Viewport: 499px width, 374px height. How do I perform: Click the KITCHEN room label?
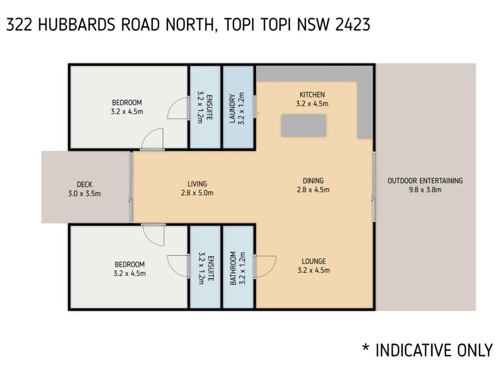tap(312, 95)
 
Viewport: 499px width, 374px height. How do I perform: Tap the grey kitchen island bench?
tap(304, 125)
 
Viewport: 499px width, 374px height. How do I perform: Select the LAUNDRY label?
tap(232, 108)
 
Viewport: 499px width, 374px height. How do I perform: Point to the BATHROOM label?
tap(233, 268)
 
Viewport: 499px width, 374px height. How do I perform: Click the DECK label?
tap(84, 185)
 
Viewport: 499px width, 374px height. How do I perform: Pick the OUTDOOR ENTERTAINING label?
tap(425, 181)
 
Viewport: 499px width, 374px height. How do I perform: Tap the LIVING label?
tap(197, 184)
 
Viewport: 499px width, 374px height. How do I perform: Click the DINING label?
tap(313, 181)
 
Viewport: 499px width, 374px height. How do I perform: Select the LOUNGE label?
tap(314, 262)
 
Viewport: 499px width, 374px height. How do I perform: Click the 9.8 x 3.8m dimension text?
tap(425, 190)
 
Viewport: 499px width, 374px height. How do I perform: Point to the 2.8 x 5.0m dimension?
tap(197, 193)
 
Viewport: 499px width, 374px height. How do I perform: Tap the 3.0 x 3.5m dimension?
tap(84, 193)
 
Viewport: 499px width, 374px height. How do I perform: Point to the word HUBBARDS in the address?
tap(77, 24)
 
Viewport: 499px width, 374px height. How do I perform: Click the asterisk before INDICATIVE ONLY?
tap(365, 347)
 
